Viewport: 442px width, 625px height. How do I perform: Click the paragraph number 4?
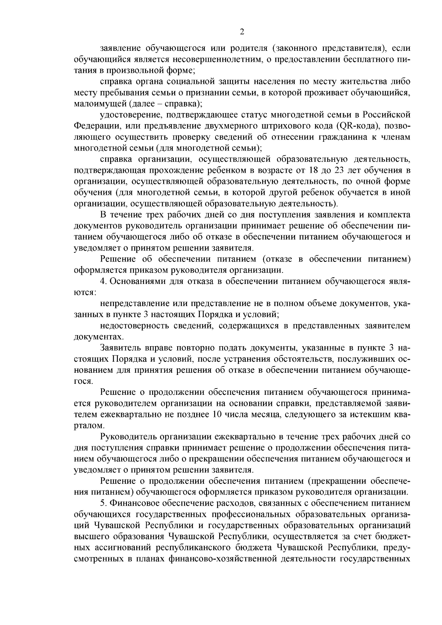tap(103, 282)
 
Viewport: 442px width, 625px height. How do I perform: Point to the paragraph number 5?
tap(103, 503)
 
